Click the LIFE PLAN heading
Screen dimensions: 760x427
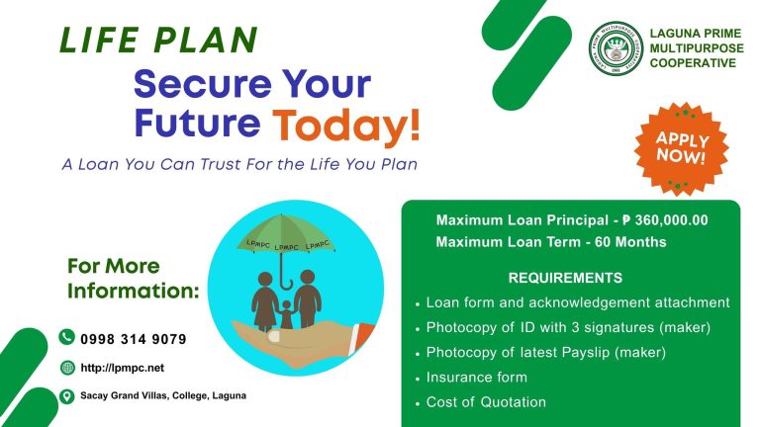point(158,40)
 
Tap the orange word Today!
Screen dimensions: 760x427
point(346,125)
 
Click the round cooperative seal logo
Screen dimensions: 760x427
point(617,48)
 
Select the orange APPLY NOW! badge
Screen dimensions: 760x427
point(682,148)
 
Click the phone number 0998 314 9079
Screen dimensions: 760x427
point(134,339)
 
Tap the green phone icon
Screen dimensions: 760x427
point(67,337)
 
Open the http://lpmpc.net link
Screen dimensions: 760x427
point(122,368)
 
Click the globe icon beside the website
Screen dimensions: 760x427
point(68,368)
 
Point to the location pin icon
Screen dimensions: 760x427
point(67,396)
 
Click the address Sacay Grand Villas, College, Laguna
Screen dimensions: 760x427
point(163,395)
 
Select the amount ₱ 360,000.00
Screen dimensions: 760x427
point(665,220)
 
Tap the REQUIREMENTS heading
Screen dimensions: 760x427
point(565,278)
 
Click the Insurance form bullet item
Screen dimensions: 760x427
point(476,378)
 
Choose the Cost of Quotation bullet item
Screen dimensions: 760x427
point(486,402)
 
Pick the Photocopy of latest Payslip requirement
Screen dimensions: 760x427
point(546,353)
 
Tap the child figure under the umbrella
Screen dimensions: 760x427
point(286,314)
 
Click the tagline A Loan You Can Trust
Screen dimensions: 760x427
point(239,165)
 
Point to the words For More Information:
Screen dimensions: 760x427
point(134,279)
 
